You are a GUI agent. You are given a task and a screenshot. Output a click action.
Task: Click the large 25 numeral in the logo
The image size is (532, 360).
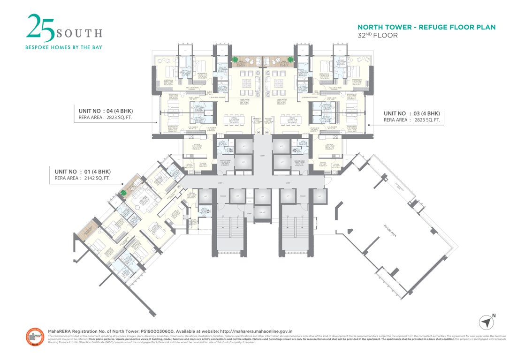40,27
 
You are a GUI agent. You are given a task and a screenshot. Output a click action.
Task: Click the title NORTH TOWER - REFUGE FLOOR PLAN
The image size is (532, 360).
426,27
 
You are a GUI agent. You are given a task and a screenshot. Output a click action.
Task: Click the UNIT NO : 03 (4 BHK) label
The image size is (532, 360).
411,113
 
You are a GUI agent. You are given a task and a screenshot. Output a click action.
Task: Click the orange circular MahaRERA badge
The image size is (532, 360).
35,337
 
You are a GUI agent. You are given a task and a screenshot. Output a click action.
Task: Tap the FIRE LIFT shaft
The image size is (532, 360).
259,214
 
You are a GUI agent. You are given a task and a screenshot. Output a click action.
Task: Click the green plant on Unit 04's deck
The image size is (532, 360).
235,60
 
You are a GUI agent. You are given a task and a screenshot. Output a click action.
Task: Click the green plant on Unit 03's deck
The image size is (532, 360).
290,60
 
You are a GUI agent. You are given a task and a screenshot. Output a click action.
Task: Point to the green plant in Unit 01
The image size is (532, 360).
124,192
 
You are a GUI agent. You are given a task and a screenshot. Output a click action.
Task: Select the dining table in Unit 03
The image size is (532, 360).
287,121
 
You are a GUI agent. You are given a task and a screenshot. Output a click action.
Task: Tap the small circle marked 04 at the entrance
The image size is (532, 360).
258,133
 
